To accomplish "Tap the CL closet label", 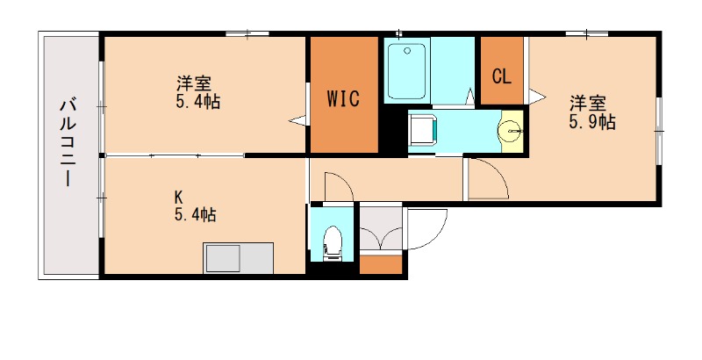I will [501, 76].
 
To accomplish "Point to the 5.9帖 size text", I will [591, 122].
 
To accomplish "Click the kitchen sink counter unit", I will [239, 259].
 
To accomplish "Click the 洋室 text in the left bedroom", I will [193, 84].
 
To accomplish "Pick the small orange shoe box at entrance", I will [381, 263].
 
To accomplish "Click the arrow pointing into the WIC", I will [297, 119].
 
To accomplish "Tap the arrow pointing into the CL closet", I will [535, 95].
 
